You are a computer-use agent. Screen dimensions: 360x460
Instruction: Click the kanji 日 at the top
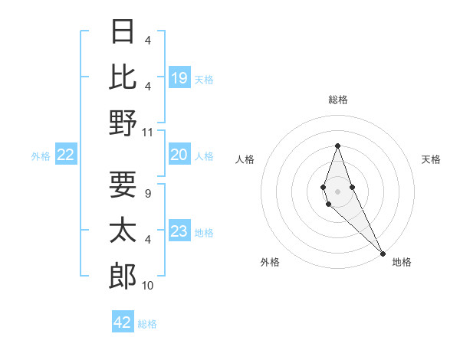click(123, 31)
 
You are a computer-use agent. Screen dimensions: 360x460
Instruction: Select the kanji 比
click(123, 77)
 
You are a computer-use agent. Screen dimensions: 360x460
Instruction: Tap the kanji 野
click(123, 123)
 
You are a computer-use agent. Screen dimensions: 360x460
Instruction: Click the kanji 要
click(123, 184)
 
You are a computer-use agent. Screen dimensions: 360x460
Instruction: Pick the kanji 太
click(123, 230)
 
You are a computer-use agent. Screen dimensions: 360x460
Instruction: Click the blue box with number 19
click(179, 77)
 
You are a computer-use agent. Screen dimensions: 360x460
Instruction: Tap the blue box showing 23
click(179, 231)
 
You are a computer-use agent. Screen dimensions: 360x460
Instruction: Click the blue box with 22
click(66, 155)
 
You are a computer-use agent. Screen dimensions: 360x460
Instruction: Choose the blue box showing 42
click(123, 322)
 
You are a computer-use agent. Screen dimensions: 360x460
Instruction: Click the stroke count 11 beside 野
click(148, 133)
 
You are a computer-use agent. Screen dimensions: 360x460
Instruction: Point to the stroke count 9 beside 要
click(147, 194)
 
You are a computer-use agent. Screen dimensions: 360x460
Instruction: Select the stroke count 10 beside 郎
click(148, 286)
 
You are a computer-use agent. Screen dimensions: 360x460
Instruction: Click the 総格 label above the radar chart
click(338, 100)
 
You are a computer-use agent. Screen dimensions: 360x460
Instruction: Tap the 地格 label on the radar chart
click(402, 262)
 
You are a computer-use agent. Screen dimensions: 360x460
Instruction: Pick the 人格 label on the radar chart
click(245, 159)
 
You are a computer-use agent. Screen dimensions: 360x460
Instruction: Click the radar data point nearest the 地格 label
click(382, 253)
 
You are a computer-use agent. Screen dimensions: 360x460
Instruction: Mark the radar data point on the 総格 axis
click(337, 146)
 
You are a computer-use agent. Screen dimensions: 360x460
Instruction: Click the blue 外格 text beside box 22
click(41, 156)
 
